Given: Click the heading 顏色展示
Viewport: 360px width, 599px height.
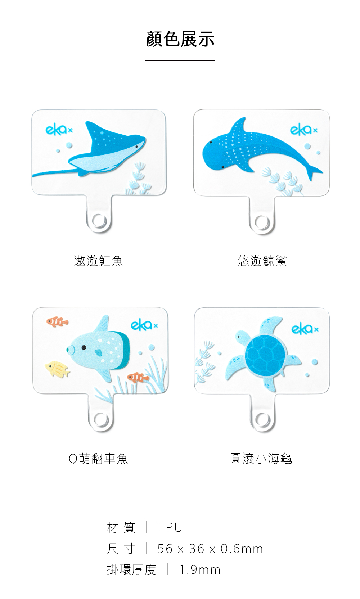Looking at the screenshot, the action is point(180,39).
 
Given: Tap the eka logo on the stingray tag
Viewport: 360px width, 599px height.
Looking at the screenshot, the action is point(59,130).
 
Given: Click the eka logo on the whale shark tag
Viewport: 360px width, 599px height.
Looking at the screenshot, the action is point(303,130).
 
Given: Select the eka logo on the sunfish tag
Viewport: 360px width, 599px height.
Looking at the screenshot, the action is point(144,325).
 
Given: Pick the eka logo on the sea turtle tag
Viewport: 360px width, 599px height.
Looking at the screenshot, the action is point(305,329).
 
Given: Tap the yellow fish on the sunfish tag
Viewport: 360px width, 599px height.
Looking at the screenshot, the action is point(57,369).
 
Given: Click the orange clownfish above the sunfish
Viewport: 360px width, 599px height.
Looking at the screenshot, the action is point(57,321).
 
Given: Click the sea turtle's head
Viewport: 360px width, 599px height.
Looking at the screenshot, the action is point(242,337).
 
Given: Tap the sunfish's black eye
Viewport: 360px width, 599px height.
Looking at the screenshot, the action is point(84,347).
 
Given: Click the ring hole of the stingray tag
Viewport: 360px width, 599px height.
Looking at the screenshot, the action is point(99,222).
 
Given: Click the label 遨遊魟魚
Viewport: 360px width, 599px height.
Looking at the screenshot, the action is point(98,261).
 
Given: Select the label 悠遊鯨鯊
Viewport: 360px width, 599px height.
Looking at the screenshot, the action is point(262,261).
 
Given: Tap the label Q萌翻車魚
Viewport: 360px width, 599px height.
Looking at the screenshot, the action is point(98,459).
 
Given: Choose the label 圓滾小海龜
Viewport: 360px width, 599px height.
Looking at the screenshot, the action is point(261,459).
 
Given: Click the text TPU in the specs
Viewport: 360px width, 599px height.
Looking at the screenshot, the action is point(170,528).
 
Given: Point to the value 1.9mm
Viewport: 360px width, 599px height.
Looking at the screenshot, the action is point(199,570).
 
